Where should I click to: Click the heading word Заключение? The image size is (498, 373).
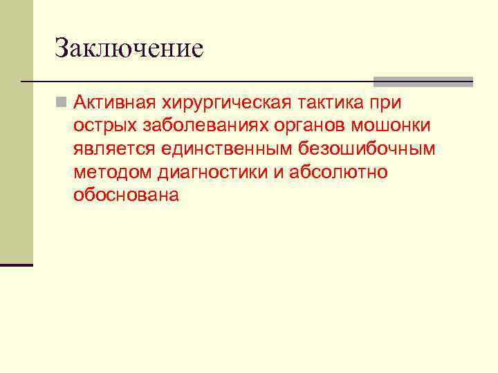click(129, 48)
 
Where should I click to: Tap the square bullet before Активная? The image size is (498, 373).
click(62, 104)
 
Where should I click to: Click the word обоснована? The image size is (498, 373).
click(126, 195)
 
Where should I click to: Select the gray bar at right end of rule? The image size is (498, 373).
click(423, 82)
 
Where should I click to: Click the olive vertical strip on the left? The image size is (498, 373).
click(16, 131)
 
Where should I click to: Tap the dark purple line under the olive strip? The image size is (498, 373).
click(16, 265)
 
